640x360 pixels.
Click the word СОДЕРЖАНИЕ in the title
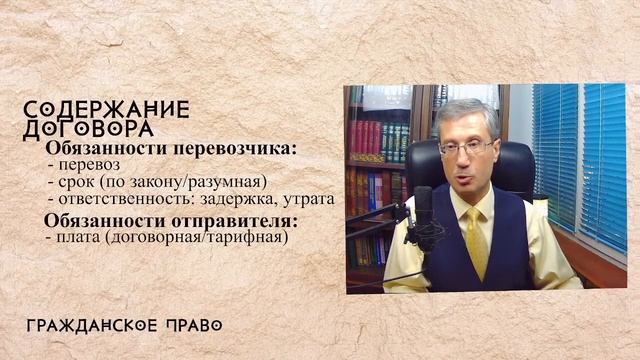coord(106,109)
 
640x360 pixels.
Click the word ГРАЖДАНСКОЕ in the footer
coord(90,325)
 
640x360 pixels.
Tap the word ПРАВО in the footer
coord(189,325)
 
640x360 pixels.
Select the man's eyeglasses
coord(466,146)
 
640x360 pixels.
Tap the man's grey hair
coord(464,112)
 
